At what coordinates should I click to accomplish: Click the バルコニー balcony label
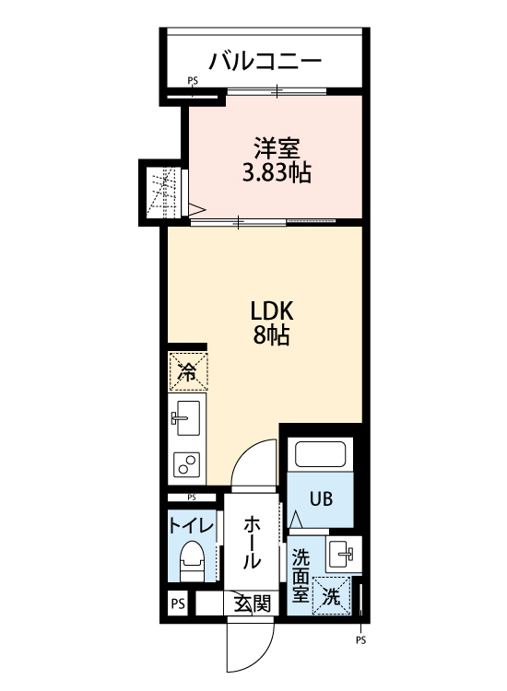point(265,62)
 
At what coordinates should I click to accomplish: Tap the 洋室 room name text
point(275,146)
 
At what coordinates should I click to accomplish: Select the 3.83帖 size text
point(275,172)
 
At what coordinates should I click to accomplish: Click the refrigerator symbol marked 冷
point(187,371)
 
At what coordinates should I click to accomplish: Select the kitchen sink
point(187,420)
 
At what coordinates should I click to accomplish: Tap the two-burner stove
point(187,463)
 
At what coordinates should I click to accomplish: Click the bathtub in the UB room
point(320,455)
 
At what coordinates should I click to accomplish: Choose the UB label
point(320,500)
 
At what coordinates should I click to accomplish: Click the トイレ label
point(192,525)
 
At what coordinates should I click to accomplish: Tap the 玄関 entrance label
point(252,604)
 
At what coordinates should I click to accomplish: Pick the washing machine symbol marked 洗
point(331,595)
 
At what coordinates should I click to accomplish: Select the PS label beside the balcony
point(193,81)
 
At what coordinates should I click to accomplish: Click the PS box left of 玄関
point(177,605)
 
